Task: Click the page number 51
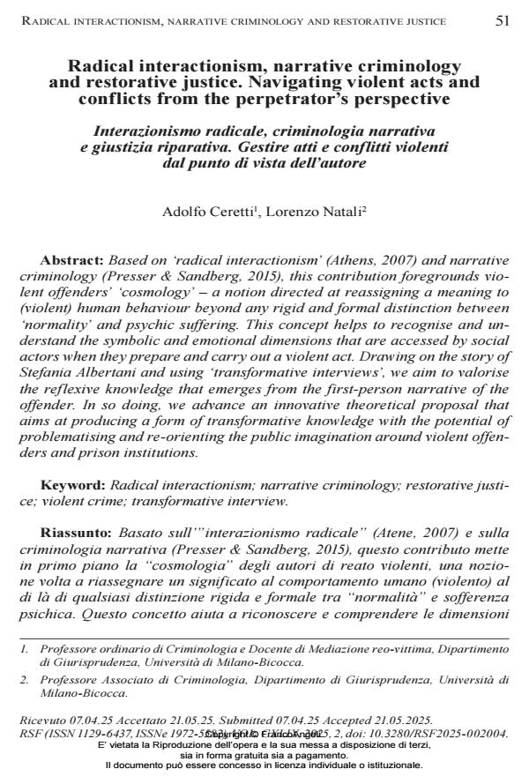click(502, 20)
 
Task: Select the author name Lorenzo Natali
click(309, 213)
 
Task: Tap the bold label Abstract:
click(72, 261)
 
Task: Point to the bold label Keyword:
click(73, 486)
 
